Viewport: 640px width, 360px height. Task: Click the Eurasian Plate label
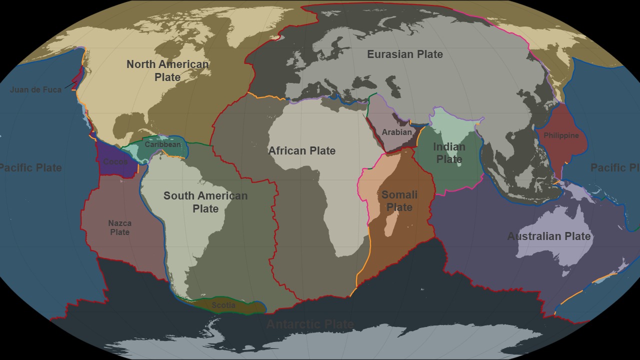pyautogui.click(x=405, y=54)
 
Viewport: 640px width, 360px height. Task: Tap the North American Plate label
pyautogui.click(x=167, y=70)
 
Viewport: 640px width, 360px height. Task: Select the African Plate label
pyautogui.click(x=301, y=150)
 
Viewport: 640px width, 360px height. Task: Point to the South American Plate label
pyautogui.click(x=205, y=202)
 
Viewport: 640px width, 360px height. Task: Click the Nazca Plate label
pyautogui.click(x=120, y=227)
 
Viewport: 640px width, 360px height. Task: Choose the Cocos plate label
pyautogui.click(x=115, y=161)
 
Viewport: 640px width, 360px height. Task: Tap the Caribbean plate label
pyautogui.click(x=163, y=144)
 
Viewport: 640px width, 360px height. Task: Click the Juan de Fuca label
pyautogui.click(x=36, y=90)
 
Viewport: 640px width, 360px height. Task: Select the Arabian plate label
pyautogui.click(x=396, y=132)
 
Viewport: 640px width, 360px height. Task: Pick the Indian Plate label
pyautogui.click(x=449, y=153)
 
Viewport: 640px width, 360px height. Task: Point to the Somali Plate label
pyautogui.click(x=399, y=201)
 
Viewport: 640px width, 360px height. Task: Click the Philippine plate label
pyautogui.click(x=561, y=135)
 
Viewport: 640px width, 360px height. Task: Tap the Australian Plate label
pyautogui.click(x=549, y=236)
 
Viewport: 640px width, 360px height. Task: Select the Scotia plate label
pyautogui.click(x=223, y=305)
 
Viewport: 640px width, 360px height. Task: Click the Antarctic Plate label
pyautogui.click(x=310, y=324)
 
